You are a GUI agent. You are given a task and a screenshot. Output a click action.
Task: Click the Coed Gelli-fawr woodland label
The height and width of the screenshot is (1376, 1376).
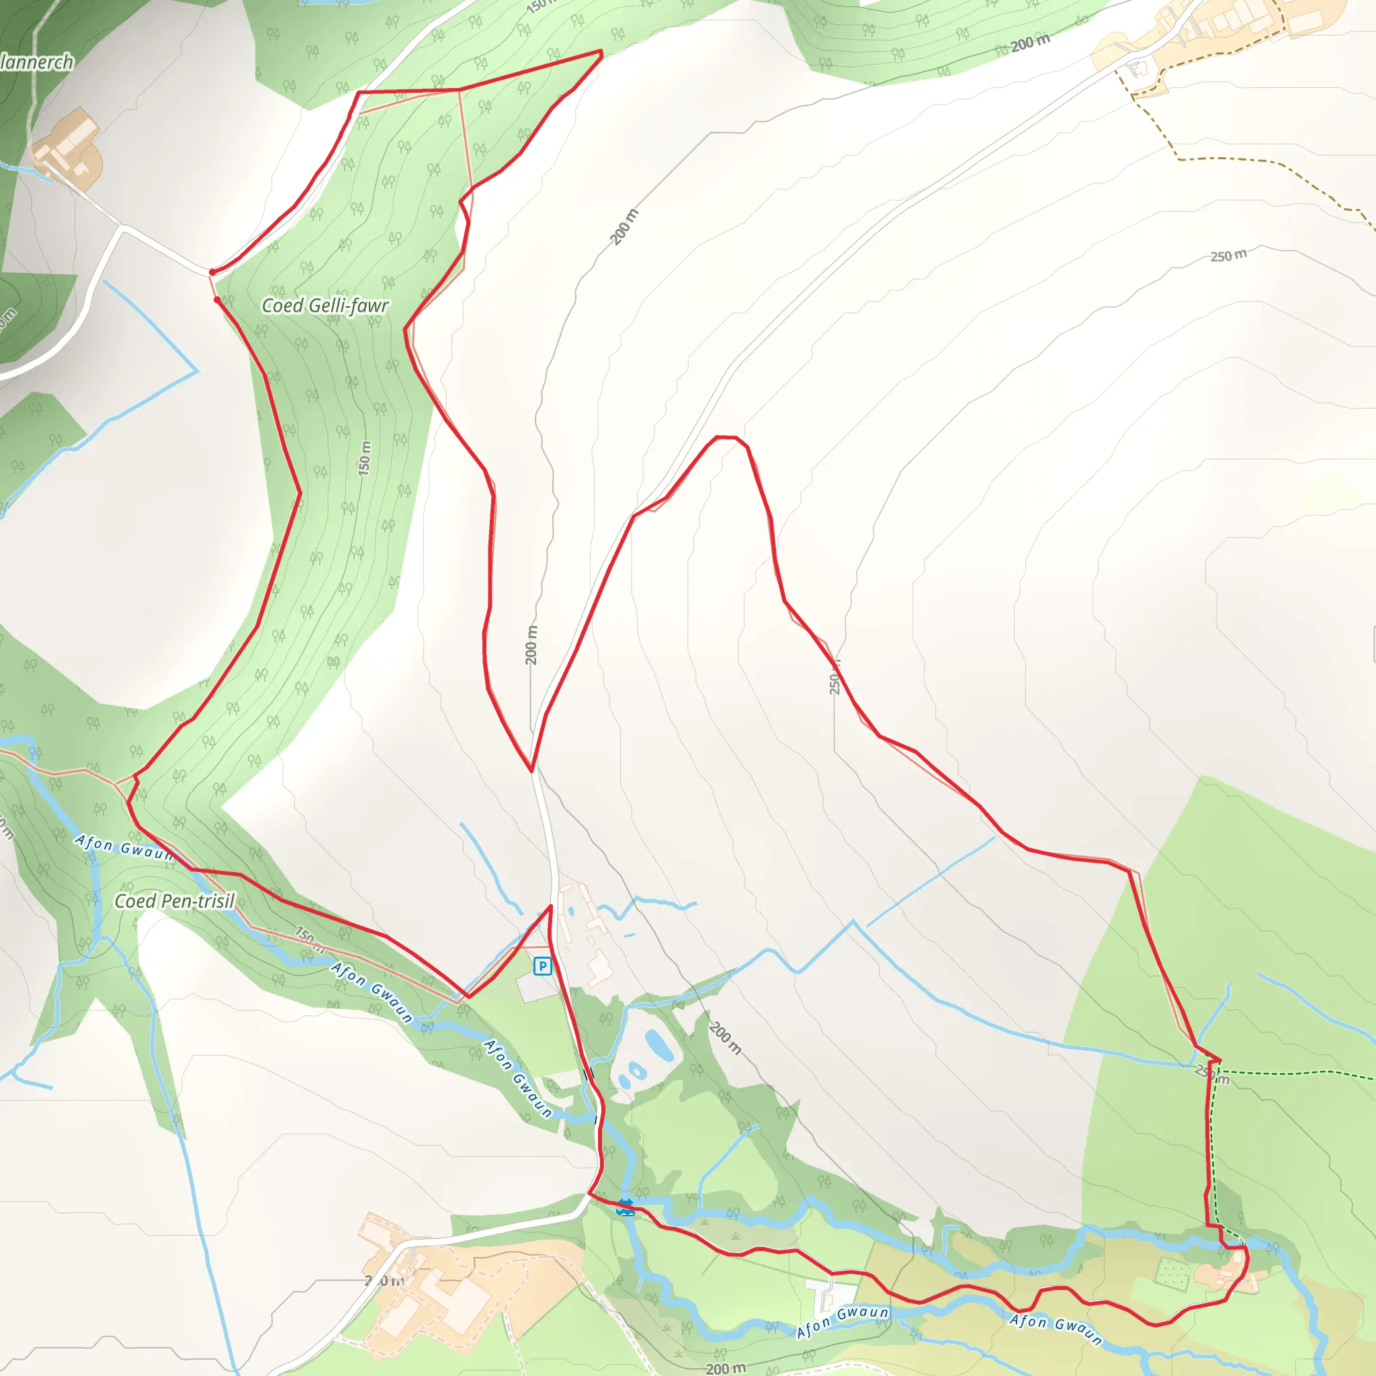click(x=325, y=306)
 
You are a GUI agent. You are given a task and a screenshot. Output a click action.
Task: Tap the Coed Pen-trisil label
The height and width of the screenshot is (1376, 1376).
click(x=175, y=902)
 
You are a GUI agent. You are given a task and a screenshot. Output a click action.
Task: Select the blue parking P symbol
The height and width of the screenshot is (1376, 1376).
click(x=543, y=966)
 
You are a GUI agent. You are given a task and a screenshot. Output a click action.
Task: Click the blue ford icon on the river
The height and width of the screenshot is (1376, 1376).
click(x=626, y=1207)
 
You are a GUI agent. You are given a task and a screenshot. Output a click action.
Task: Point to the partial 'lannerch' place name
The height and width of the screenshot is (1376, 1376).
click(x=37, y=62)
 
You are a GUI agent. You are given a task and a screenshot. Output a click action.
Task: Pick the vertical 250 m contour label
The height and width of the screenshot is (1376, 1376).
click(x=834, y=677)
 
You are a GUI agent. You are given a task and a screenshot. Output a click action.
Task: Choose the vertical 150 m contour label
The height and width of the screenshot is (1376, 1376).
click(x=365, y=458)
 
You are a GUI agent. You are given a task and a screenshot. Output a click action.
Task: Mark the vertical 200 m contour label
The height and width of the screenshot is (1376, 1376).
click(x=531, y=645)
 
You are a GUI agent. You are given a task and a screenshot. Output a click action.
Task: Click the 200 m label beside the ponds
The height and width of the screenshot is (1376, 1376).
click(x=725, y=1039)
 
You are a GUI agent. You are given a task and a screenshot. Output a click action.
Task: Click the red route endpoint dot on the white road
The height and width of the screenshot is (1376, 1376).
click(x=212, y=272)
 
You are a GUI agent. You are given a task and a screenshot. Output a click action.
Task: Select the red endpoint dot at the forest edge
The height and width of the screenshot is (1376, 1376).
click(x=217, y=300)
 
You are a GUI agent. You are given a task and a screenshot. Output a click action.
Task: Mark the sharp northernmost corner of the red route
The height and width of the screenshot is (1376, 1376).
click(x=602, y=52)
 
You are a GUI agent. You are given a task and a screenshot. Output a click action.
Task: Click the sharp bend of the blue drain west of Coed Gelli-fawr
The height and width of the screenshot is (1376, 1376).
click(x=198, y=371)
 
